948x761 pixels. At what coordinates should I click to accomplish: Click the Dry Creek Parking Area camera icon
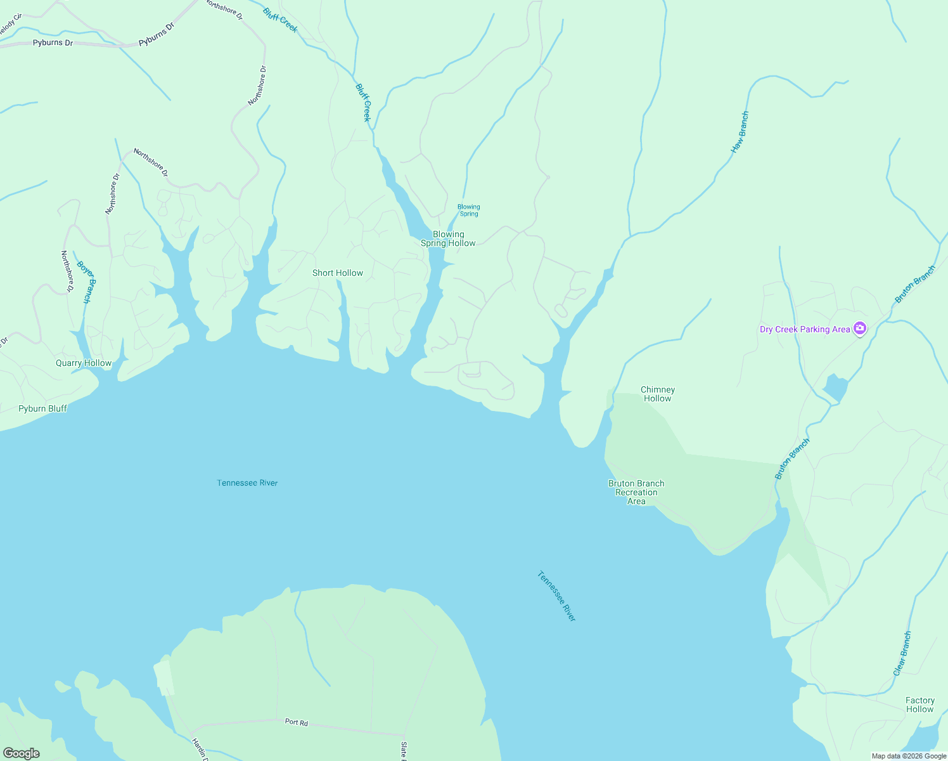pos(860,328)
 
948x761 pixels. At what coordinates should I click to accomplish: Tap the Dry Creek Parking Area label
pos(805,329)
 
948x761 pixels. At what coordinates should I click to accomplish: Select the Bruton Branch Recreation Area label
pos(636,492)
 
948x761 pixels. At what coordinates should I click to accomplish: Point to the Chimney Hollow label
pos(658,394)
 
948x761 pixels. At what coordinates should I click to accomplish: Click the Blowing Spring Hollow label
pos(448,238)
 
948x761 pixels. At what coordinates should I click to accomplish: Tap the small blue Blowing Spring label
pos(469,210)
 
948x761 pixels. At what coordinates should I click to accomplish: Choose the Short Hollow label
pos(338,273)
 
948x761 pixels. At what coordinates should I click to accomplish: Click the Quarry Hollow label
pos(84,363)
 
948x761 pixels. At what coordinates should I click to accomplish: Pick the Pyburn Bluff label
pos(42,408)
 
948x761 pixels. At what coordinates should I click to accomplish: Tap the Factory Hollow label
pos(920,705)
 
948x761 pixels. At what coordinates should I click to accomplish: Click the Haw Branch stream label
pos(740,133)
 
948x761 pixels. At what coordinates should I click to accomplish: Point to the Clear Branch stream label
pos(902,653)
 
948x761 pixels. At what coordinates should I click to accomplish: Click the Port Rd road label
pos(296,722)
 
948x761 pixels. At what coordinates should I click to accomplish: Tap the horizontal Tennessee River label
pos(247,483)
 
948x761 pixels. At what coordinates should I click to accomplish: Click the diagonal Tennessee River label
pos(556,596)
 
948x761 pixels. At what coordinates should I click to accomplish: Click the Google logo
pos(21,753)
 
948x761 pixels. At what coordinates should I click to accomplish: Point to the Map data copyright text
pos(909,756)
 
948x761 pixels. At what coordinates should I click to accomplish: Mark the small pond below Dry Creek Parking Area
pos(835,387)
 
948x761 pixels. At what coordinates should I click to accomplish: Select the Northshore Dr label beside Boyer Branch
pos(67,271)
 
